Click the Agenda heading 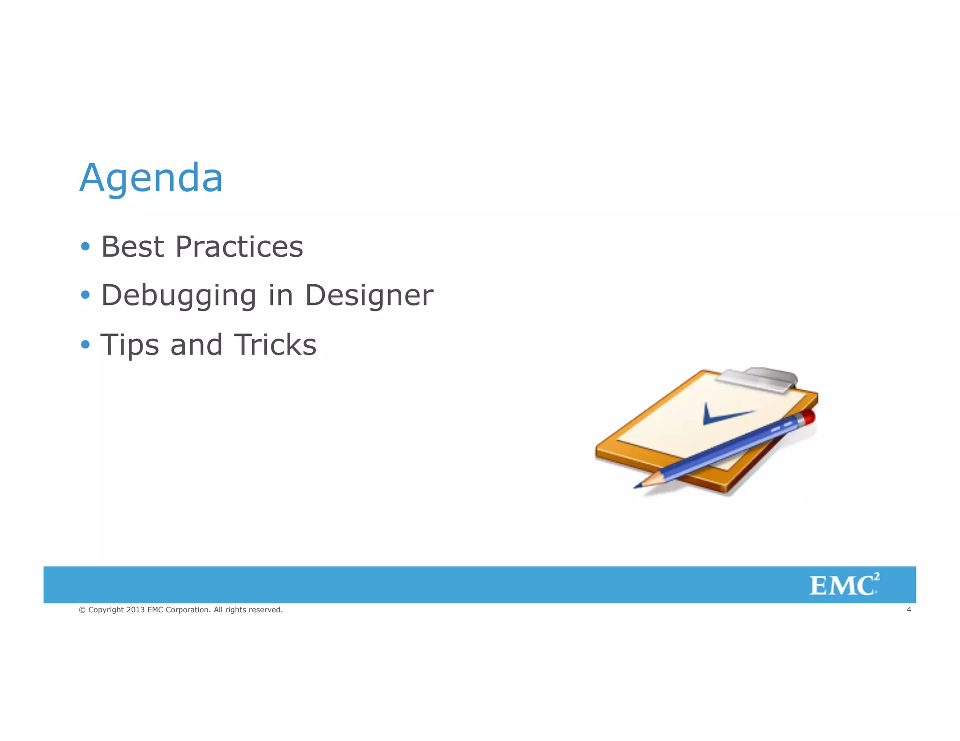point(151,178)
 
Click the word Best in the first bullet point(133,247)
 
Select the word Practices point(239,247)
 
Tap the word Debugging point(179,296)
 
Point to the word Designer point(369,296)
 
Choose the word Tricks point(275,345)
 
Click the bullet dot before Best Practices point(85,246)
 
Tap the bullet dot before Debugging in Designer point(85,295)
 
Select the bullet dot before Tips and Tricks point(85,345)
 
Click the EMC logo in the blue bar point(843,585)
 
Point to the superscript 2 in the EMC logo point(877,577)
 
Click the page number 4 point(908,610)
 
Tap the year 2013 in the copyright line point(135,610)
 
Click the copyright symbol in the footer point(82,610)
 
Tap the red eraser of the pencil point(808,417)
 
